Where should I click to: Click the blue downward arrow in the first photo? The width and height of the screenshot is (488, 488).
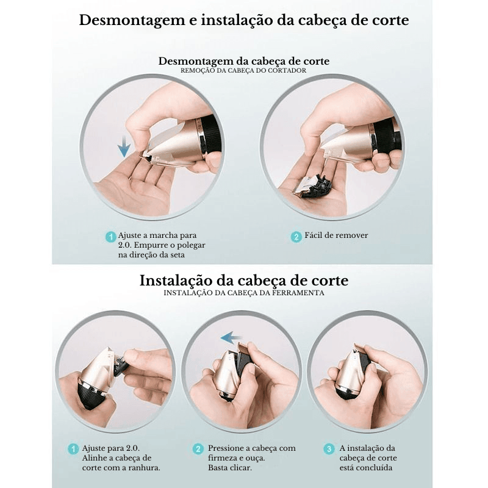click(x=124, y=146)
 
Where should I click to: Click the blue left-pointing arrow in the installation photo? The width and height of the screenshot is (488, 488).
click(x=232, y=338)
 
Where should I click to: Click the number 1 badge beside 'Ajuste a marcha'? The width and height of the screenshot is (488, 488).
click(x=111, y=237)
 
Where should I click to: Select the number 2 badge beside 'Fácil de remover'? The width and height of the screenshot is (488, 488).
click(x=296, y=237)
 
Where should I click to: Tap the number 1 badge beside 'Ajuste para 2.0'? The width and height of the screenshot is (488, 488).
click(x=73, y=449)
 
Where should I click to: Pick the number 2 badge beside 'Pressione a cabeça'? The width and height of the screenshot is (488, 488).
click(x=198, y=449)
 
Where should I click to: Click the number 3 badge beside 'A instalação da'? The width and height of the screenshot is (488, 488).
click(x=329, y=449)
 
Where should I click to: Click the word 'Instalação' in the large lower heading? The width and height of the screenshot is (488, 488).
click(x=176, y=281)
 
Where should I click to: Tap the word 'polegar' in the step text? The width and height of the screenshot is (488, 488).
click(x=191, y=245)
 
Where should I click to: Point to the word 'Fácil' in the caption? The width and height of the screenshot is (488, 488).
click(x=313, y=235)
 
